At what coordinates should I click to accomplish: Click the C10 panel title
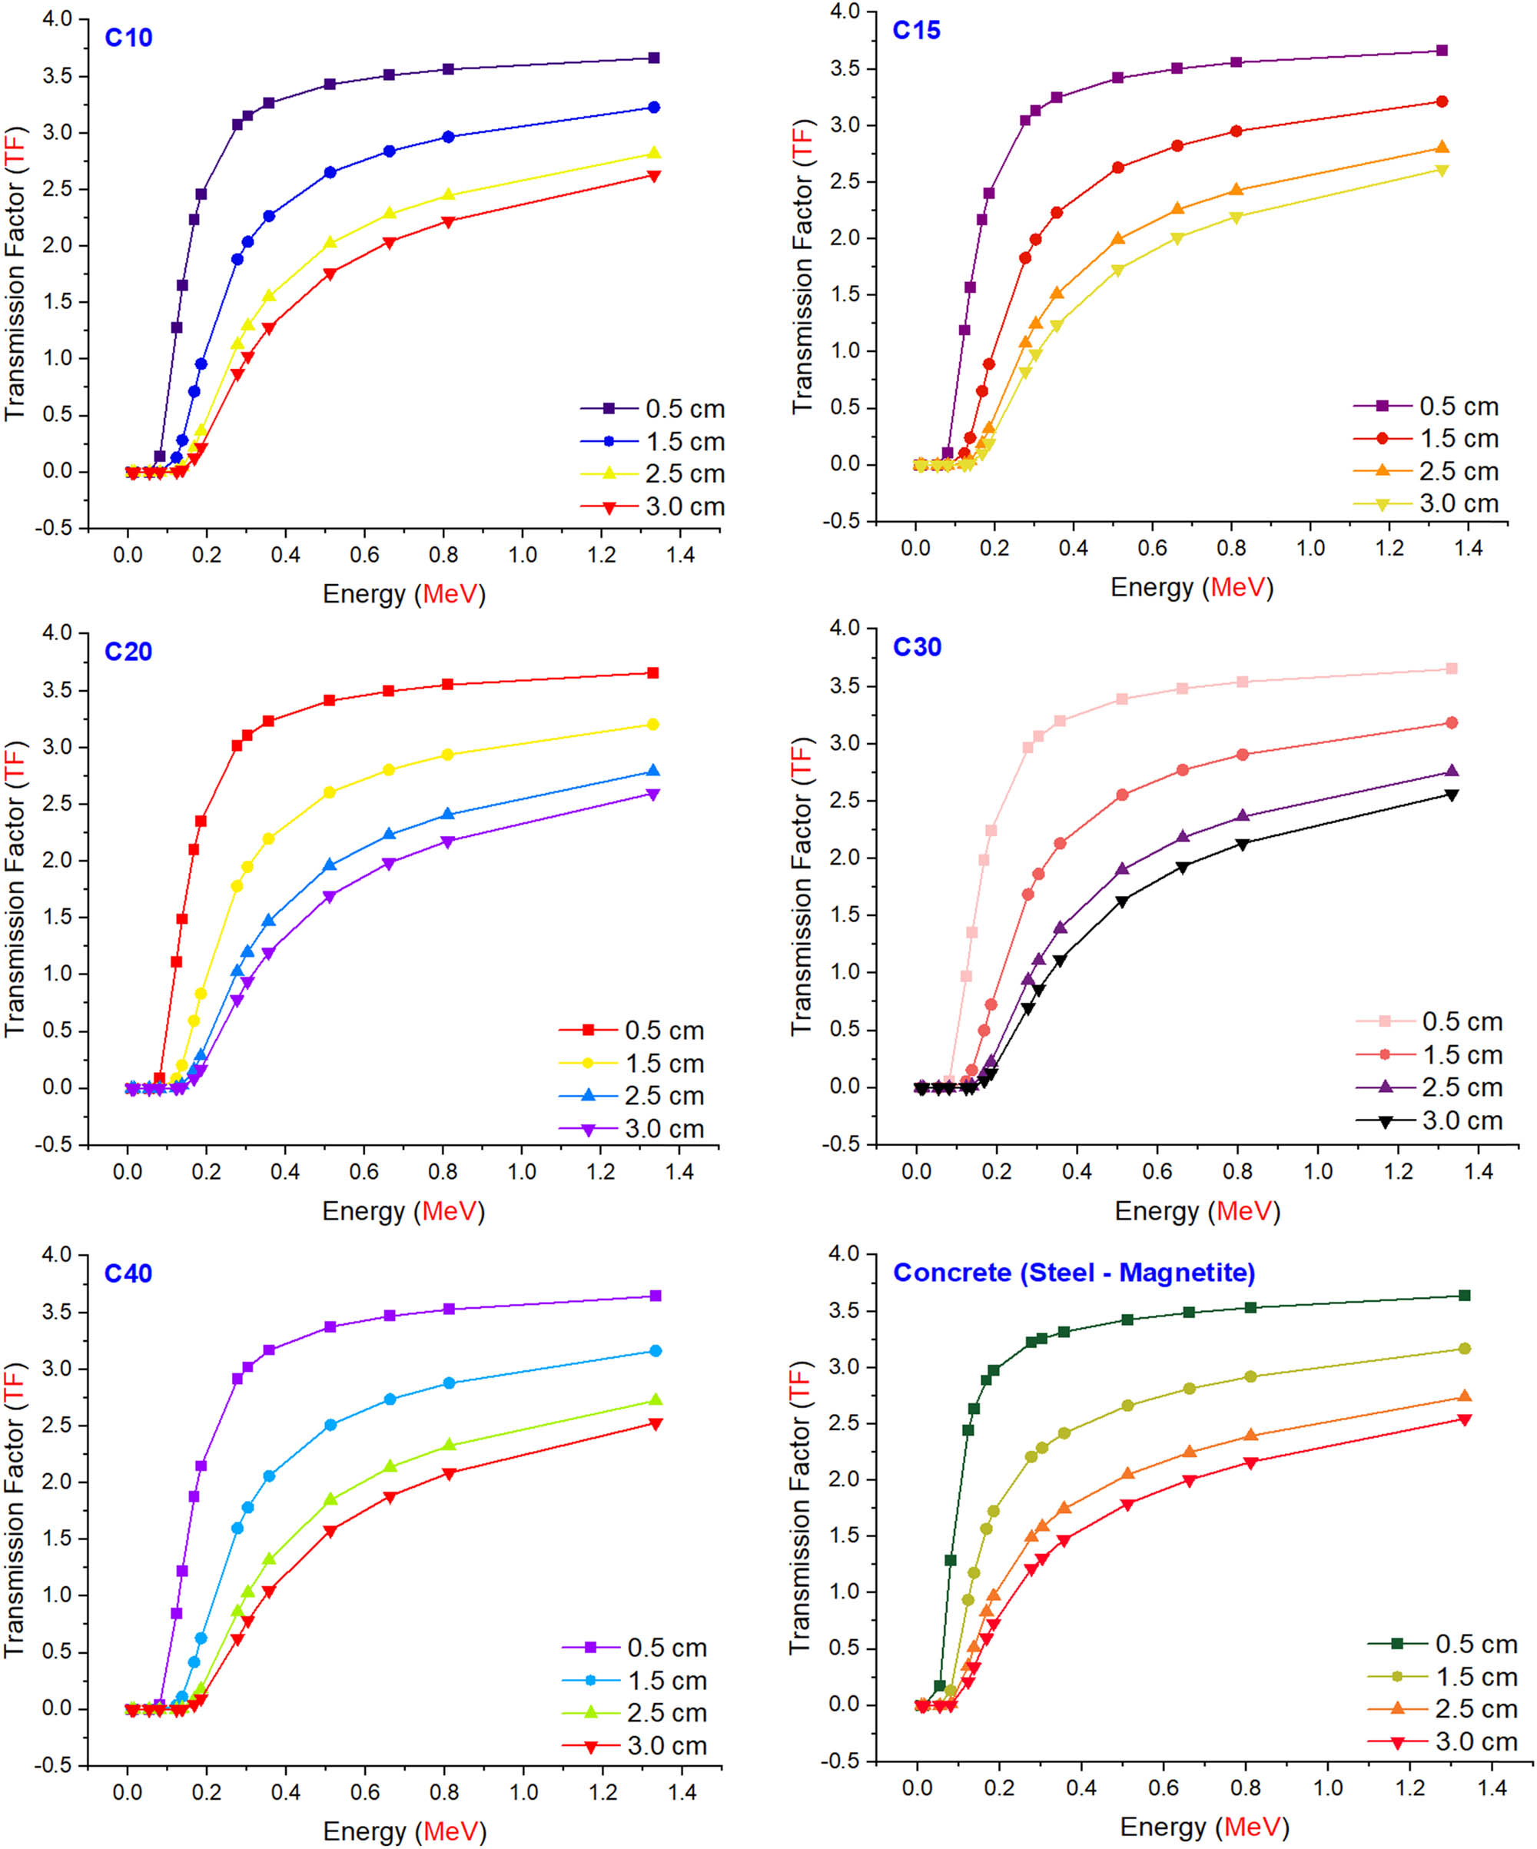pos(128,38)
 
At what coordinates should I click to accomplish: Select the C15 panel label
pos(916,31)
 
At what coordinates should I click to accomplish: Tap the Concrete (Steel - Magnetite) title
pos(1074,1273)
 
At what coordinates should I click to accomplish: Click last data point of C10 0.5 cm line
pos(653,58)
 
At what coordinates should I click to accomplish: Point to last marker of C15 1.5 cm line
pos(1442,101)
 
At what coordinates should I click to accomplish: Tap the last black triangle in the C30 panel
pos(1452,795)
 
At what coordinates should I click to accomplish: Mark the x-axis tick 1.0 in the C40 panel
pos(524,1792)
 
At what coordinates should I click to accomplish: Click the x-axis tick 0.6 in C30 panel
pos(1157,1171)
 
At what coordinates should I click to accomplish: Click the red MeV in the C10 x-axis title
pos(449,594)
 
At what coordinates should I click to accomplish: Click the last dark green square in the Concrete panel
pos(1465,1295)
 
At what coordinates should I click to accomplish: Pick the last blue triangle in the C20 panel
pos(653,772)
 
